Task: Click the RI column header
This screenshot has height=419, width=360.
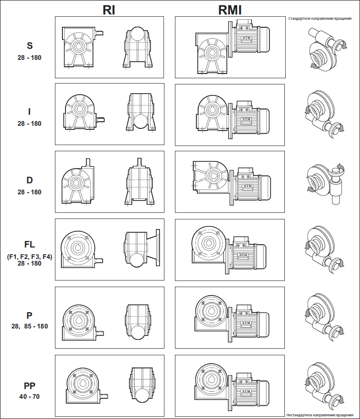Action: point(109,10)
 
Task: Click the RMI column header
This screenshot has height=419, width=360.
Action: point(231,10)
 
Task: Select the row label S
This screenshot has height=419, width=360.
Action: point(30,45)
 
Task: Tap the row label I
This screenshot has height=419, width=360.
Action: point(30,112)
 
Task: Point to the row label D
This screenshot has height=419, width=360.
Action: point(30,180)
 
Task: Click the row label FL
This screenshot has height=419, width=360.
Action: point(30,245)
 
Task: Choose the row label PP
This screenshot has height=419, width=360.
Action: point(30,386)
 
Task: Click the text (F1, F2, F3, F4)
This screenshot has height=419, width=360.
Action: point(30,256)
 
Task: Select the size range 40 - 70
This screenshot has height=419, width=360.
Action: point(30,396)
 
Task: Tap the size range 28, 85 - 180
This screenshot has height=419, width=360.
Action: point(30,326)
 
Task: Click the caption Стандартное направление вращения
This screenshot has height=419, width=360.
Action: point(320,19)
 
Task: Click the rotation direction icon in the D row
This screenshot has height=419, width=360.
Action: point(325,180)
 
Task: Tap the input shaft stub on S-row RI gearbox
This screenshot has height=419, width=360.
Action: point(100,33)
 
